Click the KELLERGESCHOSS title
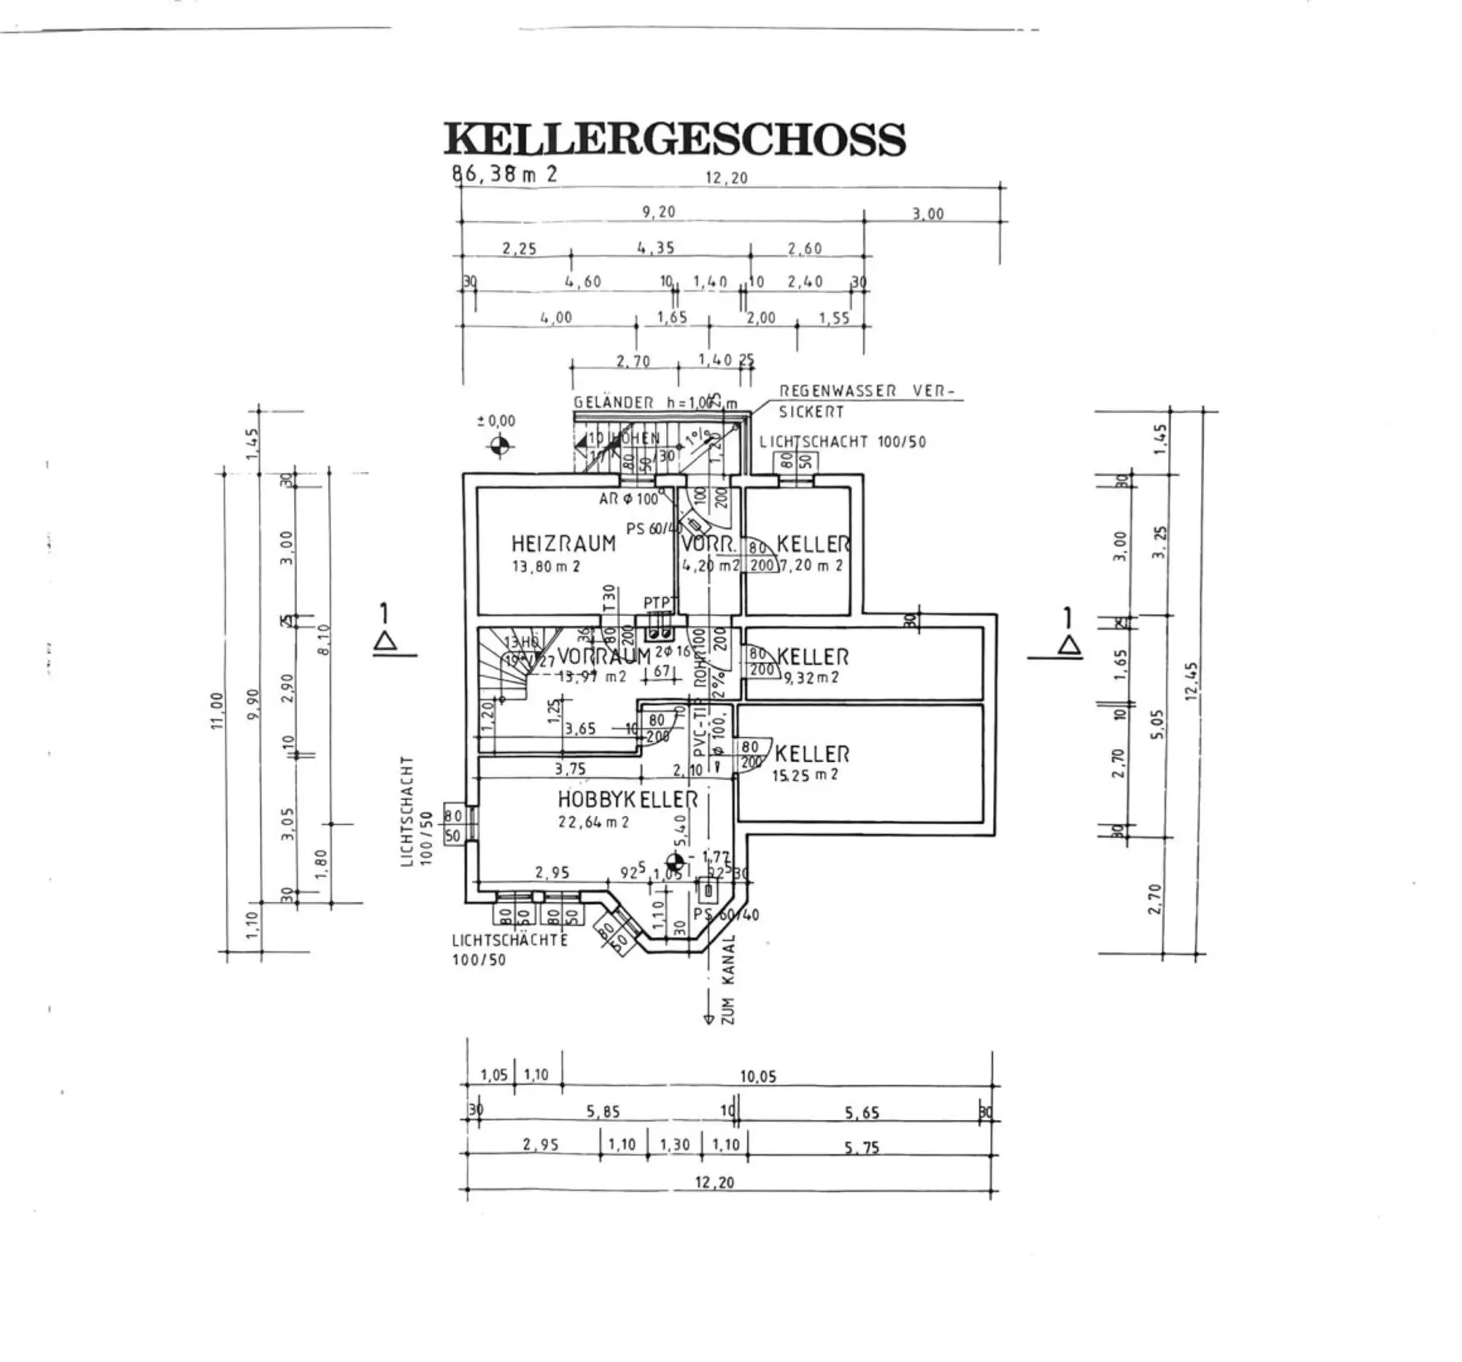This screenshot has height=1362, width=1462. [675, 139]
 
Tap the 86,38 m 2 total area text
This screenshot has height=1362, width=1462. [505, 174]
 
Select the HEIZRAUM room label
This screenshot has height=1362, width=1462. [563, 544]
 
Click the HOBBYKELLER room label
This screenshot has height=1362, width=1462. [627, 799]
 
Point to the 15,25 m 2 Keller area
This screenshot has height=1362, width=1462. [805, 775]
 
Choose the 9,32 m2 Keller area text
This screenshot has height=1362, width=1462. [811, 677]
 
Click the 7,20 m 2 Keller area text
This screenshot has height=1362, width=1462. [811, 566]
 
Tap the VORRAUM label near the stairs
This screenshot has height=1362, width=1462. [604, 655]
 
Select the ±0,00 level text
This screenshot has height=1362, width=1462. [496, 421]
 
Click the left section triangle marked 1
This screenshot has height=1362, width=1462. [386, 642]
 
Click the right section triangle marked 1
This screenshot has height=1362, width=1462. [1070, 646]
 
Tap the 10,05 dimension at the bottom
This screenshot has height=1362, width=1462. [758, 1077]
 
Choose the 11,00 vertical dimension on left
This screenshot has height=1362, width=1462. [217, 710]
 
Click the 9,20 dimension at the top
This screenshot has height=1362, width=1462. [659, 212]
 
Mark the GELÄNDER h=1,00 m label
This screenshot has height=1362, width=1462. [655, 403]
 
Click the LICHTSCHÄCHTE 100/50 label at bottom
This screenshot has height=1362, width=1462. [509, 949]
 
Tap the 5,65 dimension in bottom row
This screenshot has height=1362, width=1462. [861, 1113]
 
